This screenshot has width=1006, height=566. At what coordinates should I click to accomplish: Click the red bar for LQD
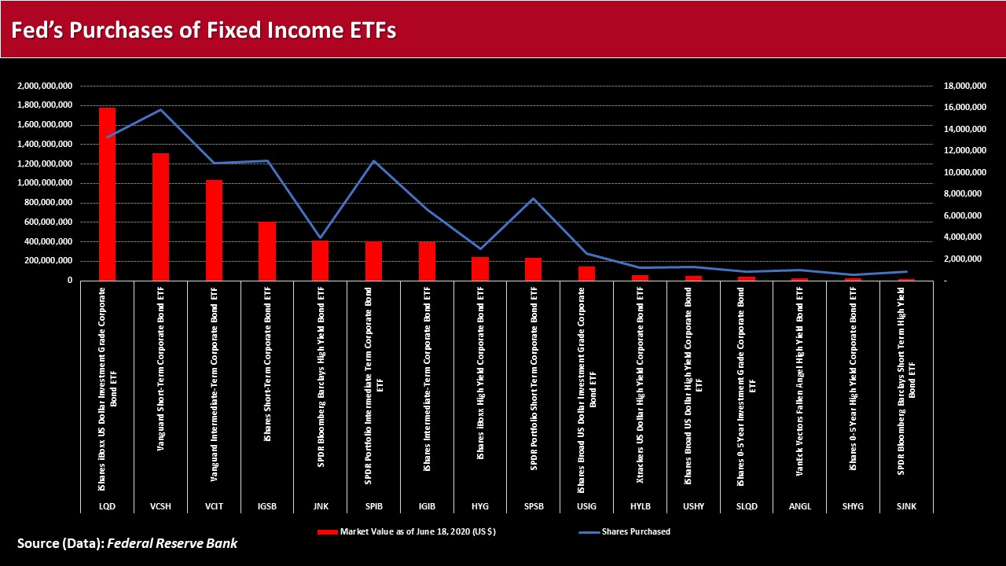107,194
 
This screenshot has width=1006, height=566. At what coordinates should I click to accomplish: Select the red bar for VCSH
160,217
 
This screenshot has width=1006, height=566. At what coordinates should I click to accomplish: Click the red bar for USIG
587,274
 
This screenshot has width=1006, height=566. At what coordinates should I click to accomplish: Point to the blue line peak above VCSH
160,109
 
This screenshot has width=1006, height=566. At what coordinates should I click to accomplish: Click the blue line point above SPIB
373,161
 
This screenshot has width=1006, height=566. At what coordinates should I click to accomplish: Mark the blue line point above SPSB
534,199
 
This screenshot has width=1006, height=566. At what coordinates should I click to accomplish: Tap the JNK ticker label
320,506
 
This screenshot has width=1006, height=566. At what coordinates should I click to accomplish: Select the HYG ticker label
480,506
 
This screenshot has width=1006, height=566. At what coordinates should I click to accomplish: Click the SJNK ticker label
907,506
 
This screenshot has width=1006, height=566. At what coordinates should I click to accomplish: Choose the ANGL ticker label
800,506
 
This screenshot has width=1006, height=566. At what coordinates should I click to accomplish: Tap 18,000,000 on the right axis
964,86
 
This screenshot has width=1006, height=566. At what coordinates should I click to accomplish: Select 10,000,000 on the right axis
964,172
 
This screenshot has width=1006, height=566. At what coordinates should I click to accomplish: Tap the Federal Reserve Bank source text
172,543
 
